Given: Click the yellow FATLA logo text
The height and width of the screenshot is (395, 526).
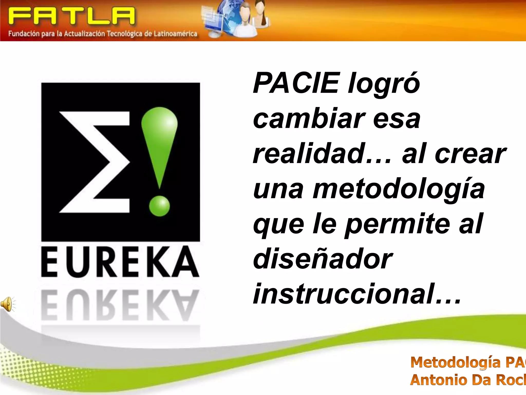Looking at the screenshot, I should click(x=71, y=16).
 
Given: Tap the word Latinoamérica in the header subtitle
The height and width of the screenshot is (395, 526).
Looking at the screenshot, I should click(x=175, y=34).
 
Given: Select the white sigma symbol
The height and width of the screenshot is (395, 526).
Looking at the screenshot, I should click(x=94, y=162).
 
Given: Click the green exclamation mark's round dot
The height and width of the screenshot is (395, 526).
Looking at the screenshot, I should click(x=159, y=206).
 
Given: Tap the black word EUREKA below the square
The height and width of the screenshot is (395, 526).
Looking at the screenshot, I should click(x=120, y=262).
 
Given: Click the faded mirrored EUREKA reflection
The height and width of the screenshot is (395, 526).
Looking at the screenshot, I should click(x=120, y=305).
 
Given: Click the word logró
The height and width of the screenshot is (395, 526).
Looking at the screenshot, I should click(x=384, y=83).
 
